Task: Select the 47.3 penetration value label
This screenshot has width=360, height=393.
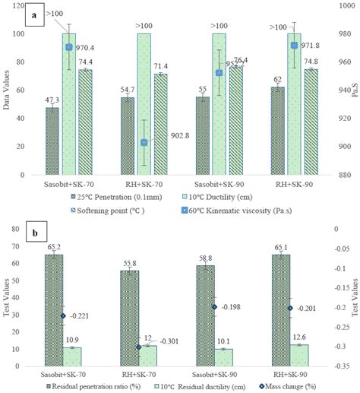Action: tap(52, 100)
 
